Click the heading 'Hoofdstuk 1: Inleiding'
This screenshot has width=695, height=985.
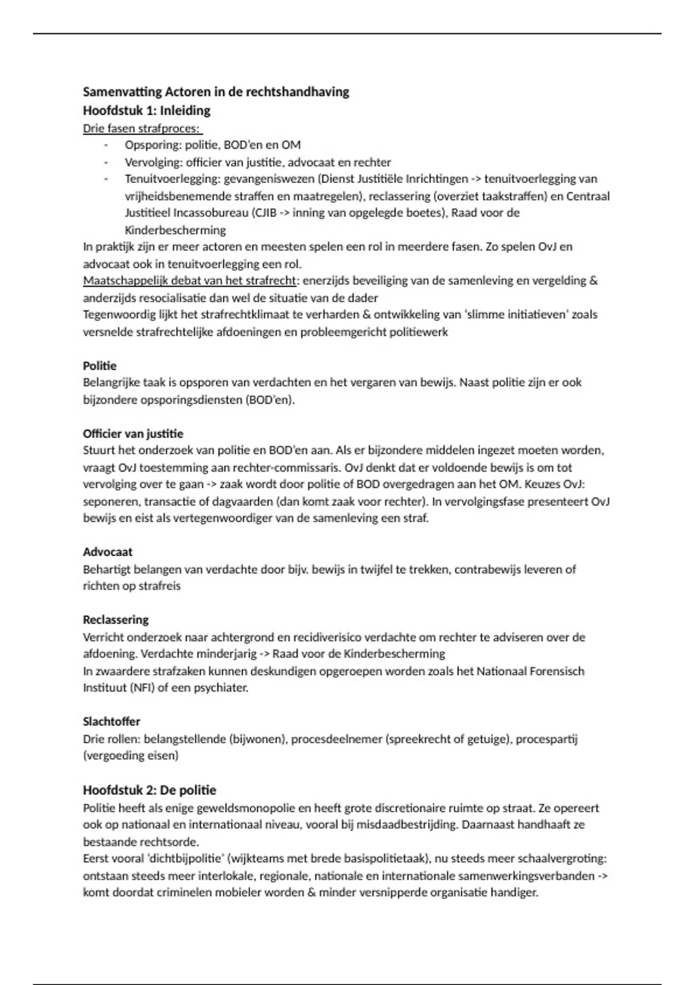147,110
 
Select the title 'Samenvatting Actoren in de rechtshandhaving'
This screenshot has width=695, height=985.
216,92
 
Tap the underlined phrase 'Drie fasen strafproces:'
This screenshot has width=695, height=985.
141,128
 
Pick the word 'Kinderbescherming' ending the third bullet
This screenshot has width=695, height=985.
175,230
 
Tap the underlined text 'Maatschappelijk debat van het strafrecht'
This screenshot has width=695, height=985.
189,280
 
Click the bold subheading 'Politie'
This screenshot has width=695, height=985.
100,366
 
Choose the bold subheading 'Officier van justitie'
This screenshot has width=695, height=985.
133,433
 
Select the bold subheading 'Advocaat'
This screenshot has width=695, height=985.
108,552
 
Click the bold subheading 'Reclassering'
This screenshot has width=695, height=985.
116,619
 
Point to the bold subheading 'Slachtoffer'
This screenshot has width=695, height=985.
112,721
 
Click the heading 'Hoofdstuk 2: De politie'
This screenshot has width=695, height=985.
149,790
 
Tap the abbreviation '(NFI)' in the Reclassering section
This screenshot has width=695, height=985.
140,688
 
